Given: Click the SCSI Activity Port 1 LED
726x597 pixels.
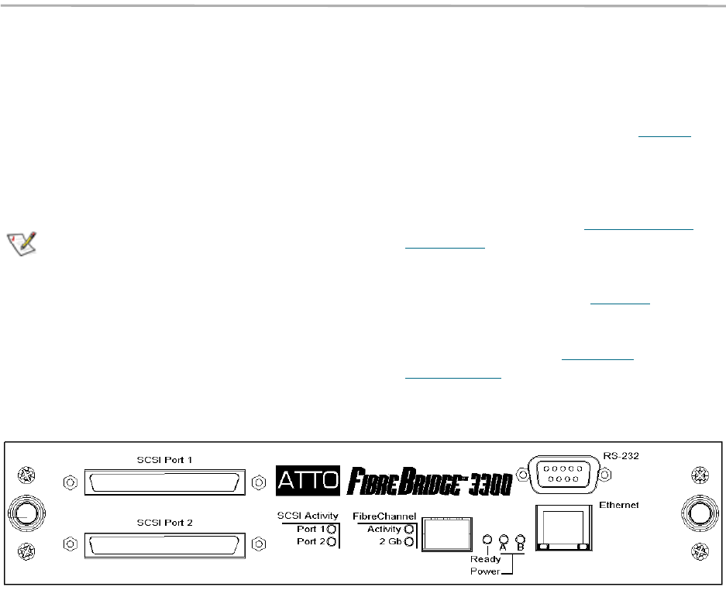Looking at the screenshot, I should [x=333, y=529].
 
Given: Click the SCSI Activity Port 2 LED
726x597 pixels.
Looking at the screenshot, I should [x=333, y=542].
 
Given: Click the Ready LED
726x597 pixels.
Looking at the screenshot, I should [x=487, y=539].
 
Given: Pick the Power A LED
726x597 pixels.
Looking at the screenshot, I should [x=504, y=539].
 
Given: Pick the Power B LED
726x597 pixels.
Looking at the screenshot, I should [x=520, y=539].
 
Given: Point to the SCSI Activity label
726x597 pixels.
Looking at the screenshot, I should [x=308, y=516].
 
